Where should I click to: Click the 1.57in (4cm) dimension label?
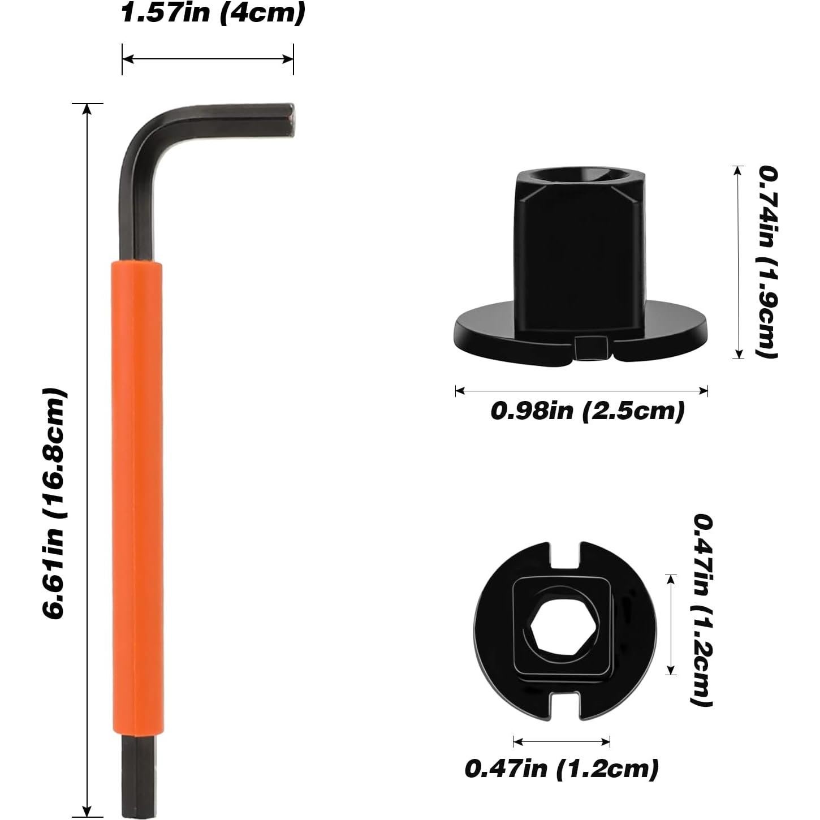[x=213, y=13]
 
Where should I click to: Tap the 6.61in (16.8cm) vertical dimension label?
[x=55, y=503]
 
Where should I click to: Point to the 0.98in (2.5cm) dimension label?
[x=587, y=411]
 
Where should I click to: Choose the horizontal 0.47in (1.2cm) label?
[x=562, y=769]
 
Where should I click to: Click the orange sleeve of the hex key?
[x=137, y=498]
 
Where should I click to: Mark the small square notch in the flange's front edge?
[x=591, y=348]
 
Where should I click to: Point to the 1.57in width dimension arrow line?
[x=208, y=58]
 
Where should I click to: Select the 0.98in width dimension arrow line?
[x=581, y=390]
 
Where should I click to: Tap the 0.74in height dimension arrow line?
[x=737, y=262]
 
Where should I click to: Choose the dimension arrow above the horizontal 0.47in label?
[x=562, y=741]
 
